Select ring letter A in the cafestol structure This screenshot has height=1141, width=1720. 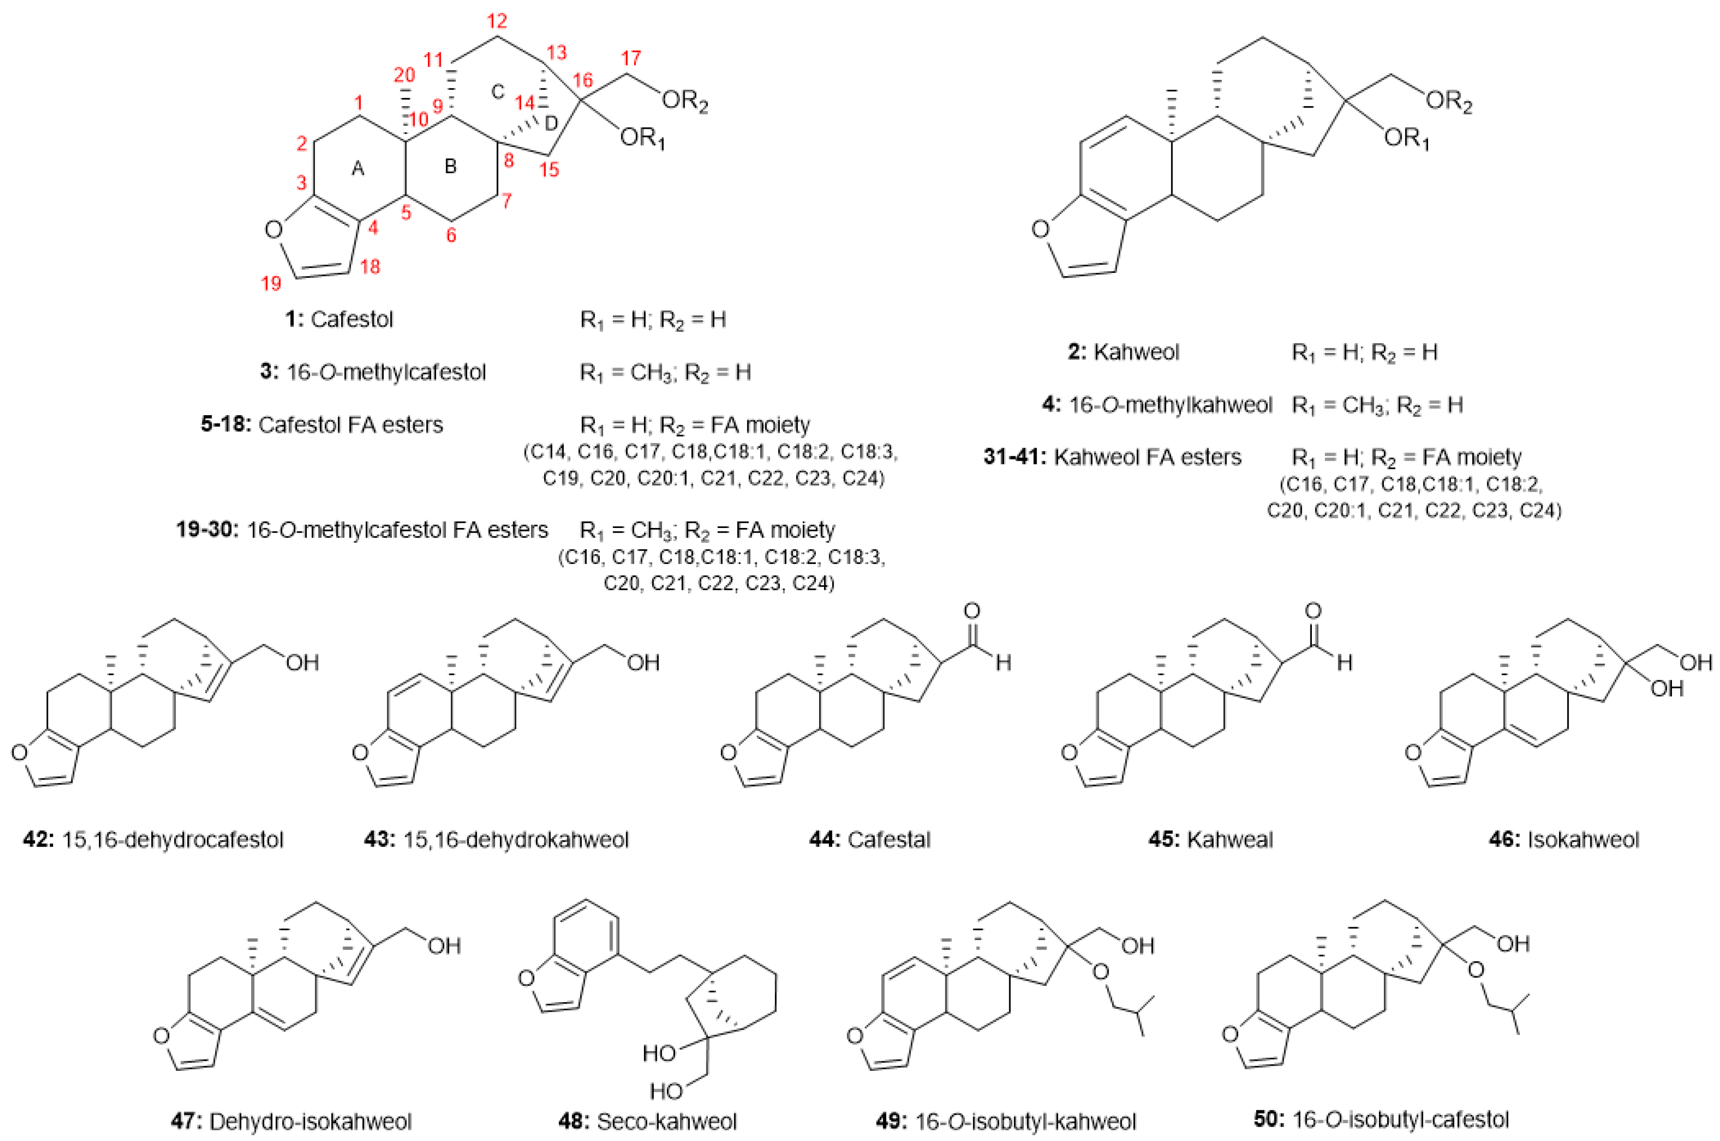pos(357,169)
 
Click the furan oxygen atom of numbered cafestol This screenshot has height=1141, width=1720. pos(273,231)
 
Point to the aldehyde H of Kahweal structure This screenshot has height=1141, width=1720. pos(1344,663)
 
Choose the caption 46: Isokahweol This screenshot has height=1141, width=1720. pos(1563,840)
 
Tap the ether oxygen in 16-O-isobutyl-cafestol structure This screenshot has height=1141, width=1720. pos(1475,970)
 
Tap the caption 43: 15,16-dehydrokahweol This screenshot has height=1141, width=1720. pos(496,840)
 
